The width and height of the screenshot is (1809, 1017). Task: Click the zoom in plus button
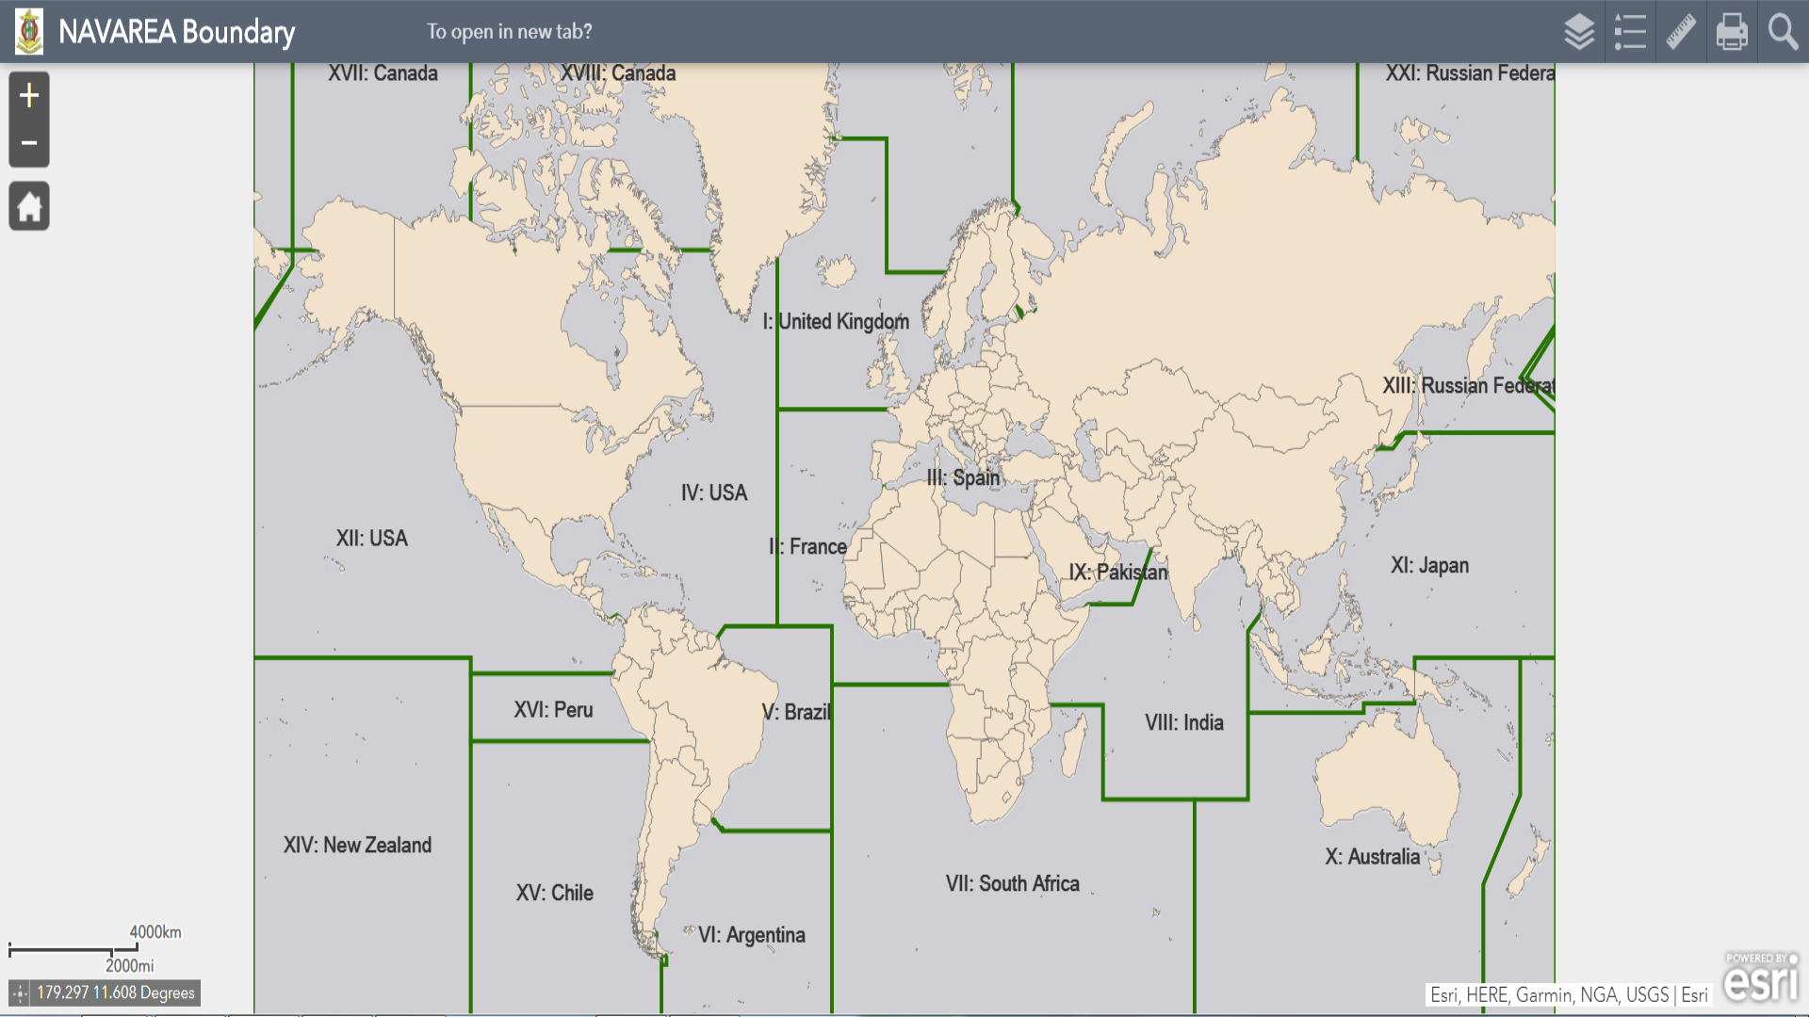29,95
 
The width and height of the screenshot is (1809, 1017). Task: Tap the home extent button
29,206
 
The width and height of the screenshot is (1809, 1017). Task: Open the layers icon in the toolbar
1579,32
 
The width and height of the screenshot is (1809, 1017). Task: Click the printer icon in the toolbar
1732,32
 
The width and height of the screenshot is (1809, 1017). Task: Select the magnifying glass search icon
1783,32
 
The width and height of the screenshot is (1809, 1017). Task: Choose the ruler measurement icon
1681,32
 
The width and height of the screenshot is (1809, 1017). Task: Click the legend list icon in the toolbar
1630,32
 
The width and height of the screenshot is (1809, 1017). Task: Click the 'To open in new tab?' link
509,32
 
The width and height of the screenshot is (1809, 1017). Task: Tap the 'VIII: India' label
1184,723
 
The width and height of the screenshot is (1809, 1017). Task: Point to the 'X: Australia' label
1372,857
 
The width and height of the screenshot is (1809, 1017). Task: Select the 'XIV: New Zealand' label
357,846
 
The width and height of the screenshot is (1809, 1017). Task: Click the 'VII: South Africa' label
1013,884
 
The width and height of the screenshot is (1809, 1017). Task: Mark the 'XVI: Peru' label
553,710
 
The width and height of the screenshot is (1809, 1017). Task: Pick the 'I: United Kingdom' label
836,322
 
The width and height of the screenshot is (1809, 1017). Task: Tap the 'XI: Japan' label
1429,566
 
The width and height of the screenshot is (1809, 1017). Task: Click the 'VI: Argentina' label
751,935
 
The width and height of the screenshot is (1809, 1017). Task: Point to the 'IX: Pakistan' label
1117,573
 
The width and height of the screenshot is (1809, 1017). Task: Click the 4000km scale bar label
155,932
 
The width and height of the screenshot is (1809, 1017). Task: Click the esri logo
1760,979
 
